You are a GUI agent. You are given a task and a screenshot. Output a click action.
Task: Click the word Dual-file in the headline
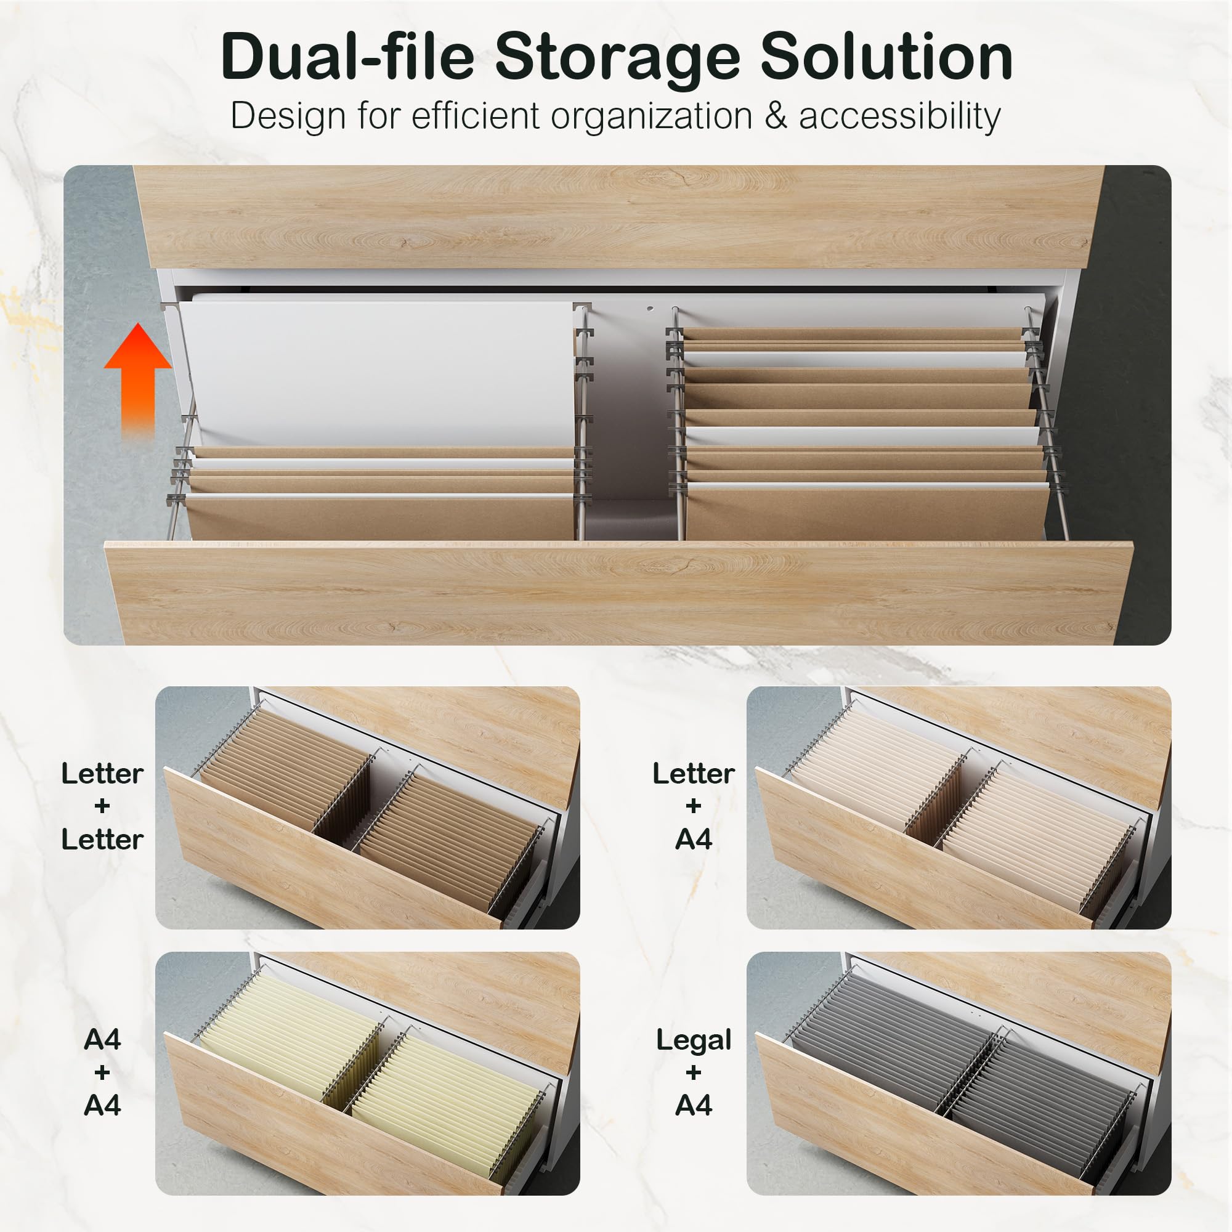click(347, 57)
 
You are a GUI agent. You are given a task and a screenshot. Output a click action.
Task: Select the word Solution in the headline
click(886, 57)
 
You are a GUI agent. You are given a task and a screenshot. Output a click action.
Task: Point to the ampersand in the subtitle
click(775, 116)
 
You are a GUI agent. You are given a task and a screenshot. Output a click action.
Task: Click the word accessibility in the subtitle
click(899, 116)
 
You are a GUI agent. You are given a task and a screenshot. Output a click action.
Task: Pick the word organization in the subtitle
click(651, 117)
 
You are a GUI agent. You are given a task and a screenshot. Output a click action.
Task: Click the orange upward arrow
click(138, 376)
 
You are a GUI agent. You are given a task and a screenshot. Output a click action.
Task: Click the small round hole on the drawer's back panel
click(650, 309)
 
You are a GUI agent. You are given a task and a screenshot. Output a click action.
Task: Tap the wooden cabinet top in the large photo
click(618, 217)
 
